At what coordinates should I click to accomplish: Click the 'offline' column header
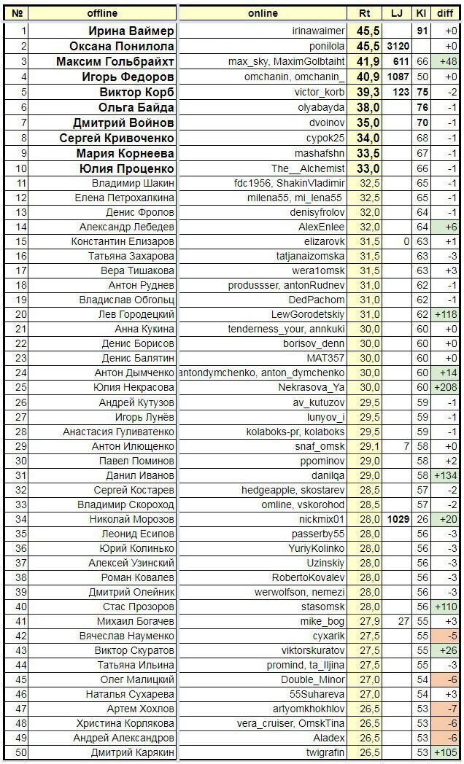(102, 13)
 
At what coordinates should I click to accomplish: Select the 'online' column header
(263, 13)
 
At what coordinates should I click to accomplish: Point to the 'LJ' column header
(396, 13)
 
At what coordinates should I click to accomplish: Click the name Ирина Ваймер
(131, 31)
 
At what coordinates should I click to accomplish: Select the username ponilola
(322, 46)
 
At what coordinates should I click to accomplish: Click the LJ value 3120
(397, 46)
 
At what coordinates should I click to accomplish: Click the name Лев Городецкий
(136, 314)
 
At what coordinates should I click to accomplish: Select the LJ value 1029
(396, 520)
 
